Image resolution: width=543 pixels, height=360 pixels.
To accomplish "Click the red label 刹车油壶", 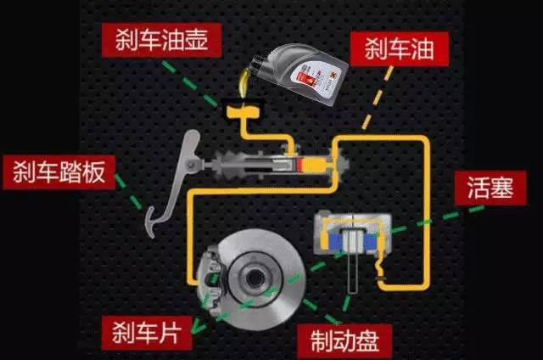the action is (161, 40).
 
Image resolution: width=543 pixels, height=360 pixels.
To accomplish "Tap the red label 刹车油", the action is (400, 49).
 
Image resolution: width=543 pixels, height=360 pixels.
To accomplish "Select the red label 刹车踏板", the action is (59, 172).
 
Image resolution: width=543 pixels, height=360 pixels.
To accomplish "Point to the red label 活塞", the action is (490, 188).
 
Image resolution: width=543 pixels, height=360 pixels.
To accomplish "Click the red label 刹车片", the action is (147, 333).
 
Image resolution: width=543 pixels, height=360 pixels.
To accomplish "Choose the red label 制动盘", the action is (344, 341).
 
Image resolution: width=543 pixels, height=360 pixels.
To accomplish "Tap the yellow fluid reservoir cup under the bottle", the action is (244, 112).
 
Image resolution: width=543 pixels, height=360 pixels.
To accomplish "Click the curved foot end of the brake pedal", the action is (151, 222).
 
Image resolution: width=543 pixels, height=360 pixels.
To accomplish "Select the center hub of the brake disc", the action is (255, 278).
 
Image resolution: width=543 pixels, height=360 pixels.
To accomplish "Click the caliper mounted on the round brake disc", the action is (211, 280).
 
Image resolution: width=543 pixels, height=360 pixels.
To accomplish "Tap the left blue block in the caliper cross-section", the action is (335, 242).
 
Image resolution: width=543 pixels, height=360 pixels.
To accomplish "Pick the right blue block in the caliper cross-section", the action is (370, 242).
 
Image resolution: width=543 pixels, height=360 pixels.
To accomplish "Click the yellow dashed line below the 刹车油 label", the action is (378, 98).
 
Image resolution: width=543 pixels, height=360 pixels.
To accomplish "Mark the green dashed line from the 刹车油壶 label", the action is (189, 83).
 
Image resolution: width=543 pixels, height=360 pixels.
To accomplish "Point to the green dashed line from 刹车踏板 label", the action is (129, 192).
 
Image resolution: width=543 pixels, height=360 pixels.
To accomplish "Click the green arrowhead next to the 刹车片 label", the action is (198, 327).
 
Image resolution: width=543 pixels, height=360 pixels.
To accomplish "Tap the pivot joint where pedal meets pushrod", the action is (190, 166).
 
